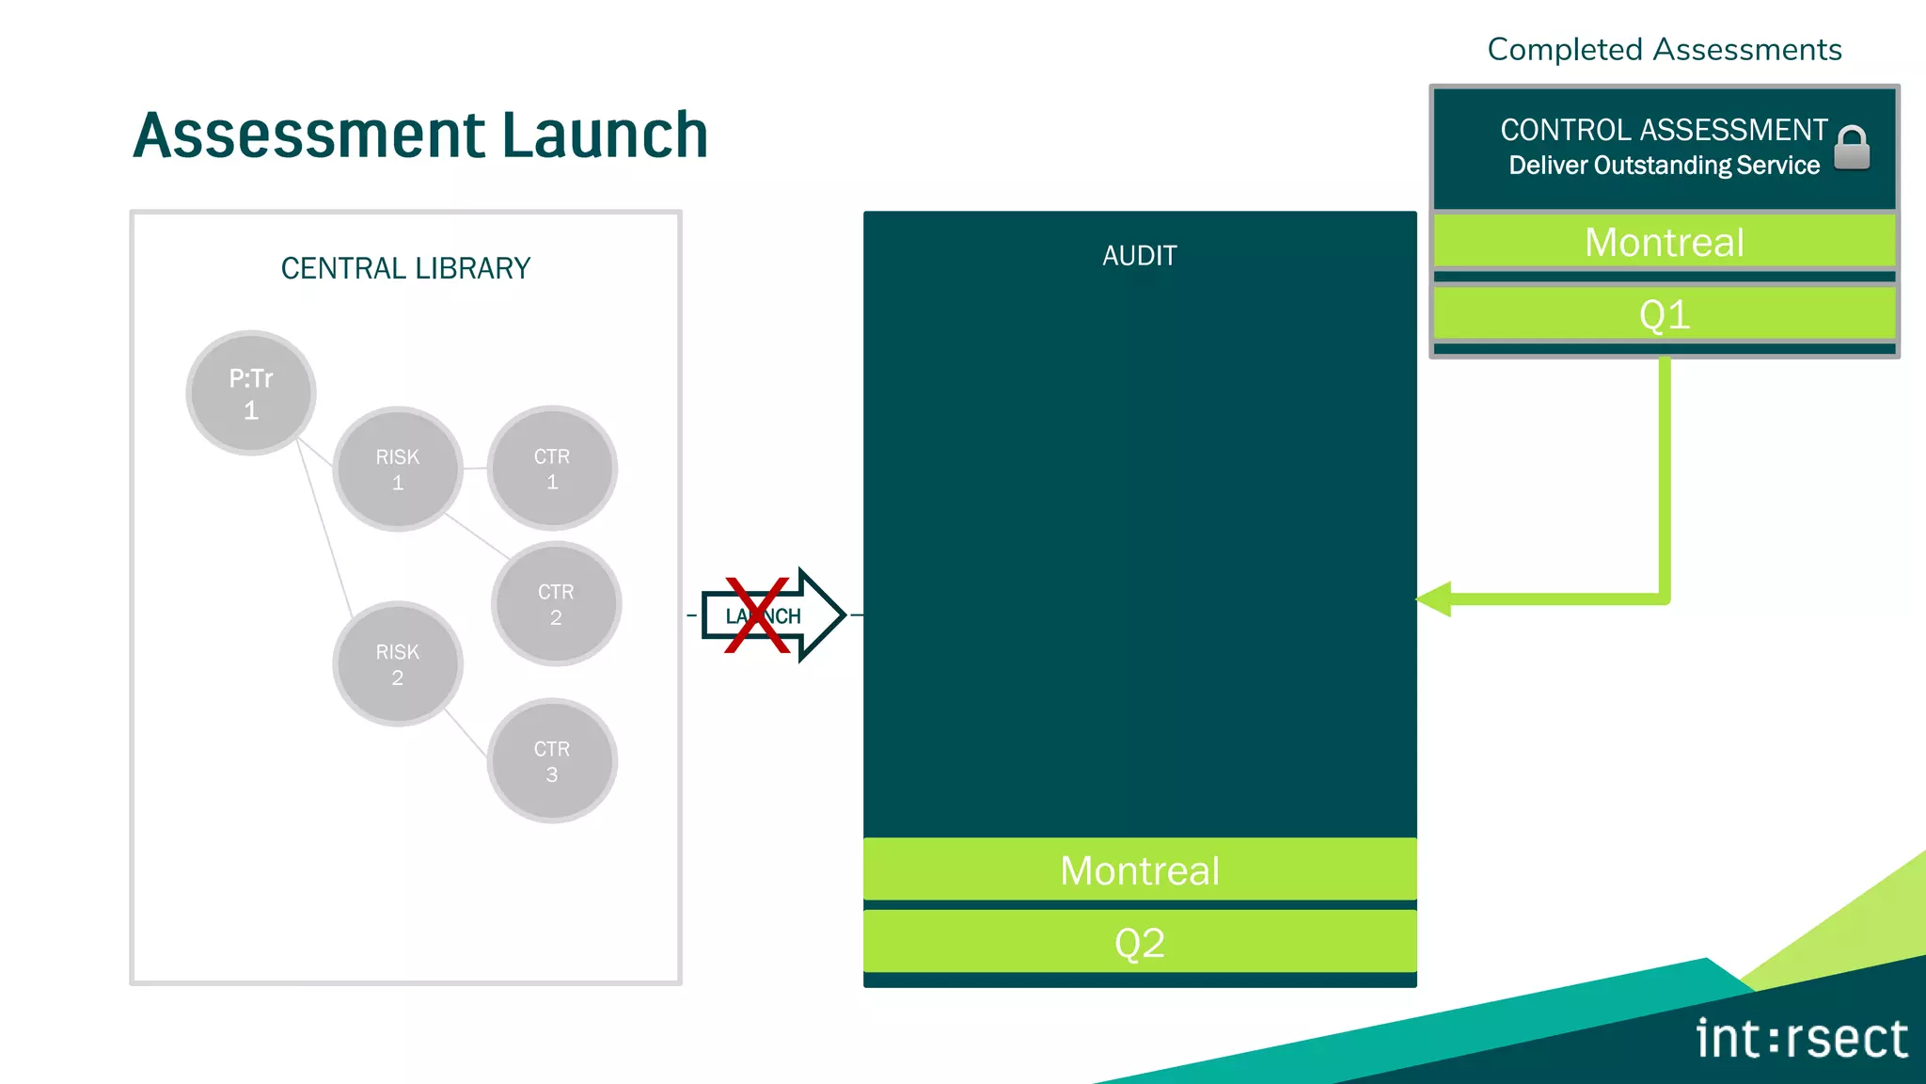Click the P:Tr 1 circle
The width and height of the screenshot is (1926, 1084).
tap(250, 393)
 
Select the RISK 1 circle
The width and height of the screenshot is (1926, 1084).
tap(397, 469)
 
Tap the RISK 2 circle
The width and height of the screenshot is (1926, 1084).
tap(397, 663)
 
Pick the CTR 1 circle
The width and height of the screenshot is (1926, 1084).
tap(552, 469)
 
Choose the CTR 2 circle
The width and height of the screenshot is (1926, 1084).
tap(556, 604)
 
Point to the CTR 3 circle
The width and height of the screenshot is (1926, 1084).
tap(552, 760)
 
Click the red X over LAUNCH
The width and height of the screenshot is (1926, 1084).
tap(757, 615)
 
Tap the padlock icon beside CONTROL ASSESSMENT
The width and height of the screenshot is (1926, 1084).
tap(1852, 148)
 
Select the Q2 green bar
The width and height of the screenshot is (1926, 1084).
tap(1140, 942)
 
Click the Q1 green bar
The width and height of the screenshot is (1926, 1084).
tap(1664, 313)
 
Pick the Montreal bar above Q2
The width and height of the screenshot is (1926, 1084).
tap(1140, 869)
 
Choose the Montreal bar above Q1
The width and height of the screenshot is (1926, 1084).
tap(1664, 242)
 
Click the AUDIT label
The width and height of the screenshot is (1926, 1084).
tap(1140, 256)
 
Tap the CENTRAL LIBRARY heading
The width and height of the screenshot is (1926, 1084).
tap(405, 269)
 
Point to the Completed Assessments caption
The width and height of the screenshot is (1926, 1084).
tap(1664, 49)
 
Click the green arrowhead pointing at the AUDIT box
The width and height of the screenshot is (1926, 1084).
tap(1435, 599)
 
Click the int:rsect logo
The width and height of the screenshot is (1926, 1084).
tap(1801, 1039)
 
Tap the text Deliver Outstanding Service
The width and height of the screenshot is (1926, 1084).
tap(1664, 166)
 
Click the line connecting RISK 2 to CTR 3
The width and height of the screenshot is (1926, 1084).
tap(466, 734)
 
